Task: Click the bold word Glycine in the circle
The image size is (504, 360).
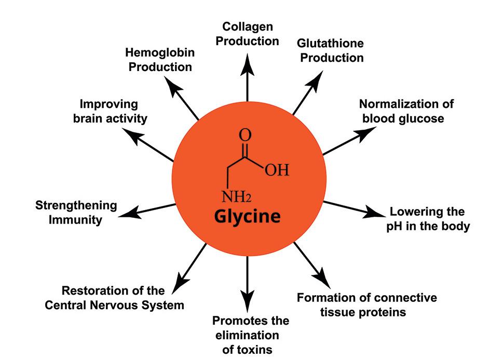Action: coord(247,216)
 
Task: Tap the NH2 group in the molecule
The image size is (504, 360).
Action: coord(236,197)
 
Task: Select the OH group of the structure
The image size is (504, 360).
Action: coord(276,171)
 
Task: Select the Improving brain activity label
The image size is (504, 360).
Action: coord(110,111)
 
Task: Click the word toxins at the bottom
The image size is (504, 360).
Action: coord(247,350)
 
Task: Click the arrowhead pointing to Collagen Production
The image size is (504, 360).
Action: coord(248,59)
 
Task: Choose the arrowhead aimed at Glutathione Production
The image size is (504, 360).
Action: coord(317,78)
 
